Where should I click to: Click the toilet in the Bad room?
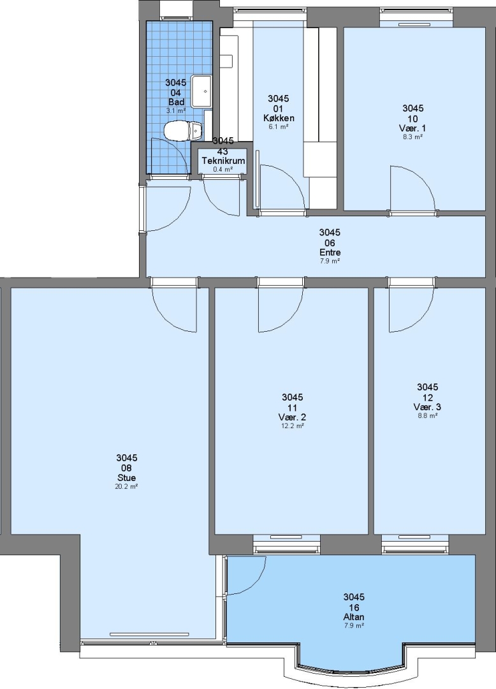tap(182, 131)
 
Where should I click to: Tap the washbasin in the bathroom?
tap(203, 91)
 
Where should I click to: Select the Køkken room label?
tap(279, 118)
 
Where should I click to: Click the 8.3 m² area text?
tap(412, 137)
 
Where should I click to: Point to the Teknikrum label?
tap(223, 160)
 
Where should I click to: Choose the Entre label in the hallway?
tap(330, 252)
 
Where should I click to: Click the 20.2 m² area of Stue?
tap(127, 486)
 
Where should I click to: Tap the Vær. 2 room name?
tap(293, 417)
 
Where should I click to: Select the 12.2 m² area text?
tap(293, 426)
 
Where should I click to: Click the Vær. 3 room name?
tap(428, 407)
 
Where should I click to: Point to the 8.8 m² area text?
tap(428, 415)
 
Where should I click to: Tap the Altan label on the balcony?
tap(354, 617)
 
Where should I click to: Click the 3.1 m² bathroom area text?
tap(175, 111)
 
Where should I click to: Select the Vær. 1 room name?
tap(412, 128)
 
